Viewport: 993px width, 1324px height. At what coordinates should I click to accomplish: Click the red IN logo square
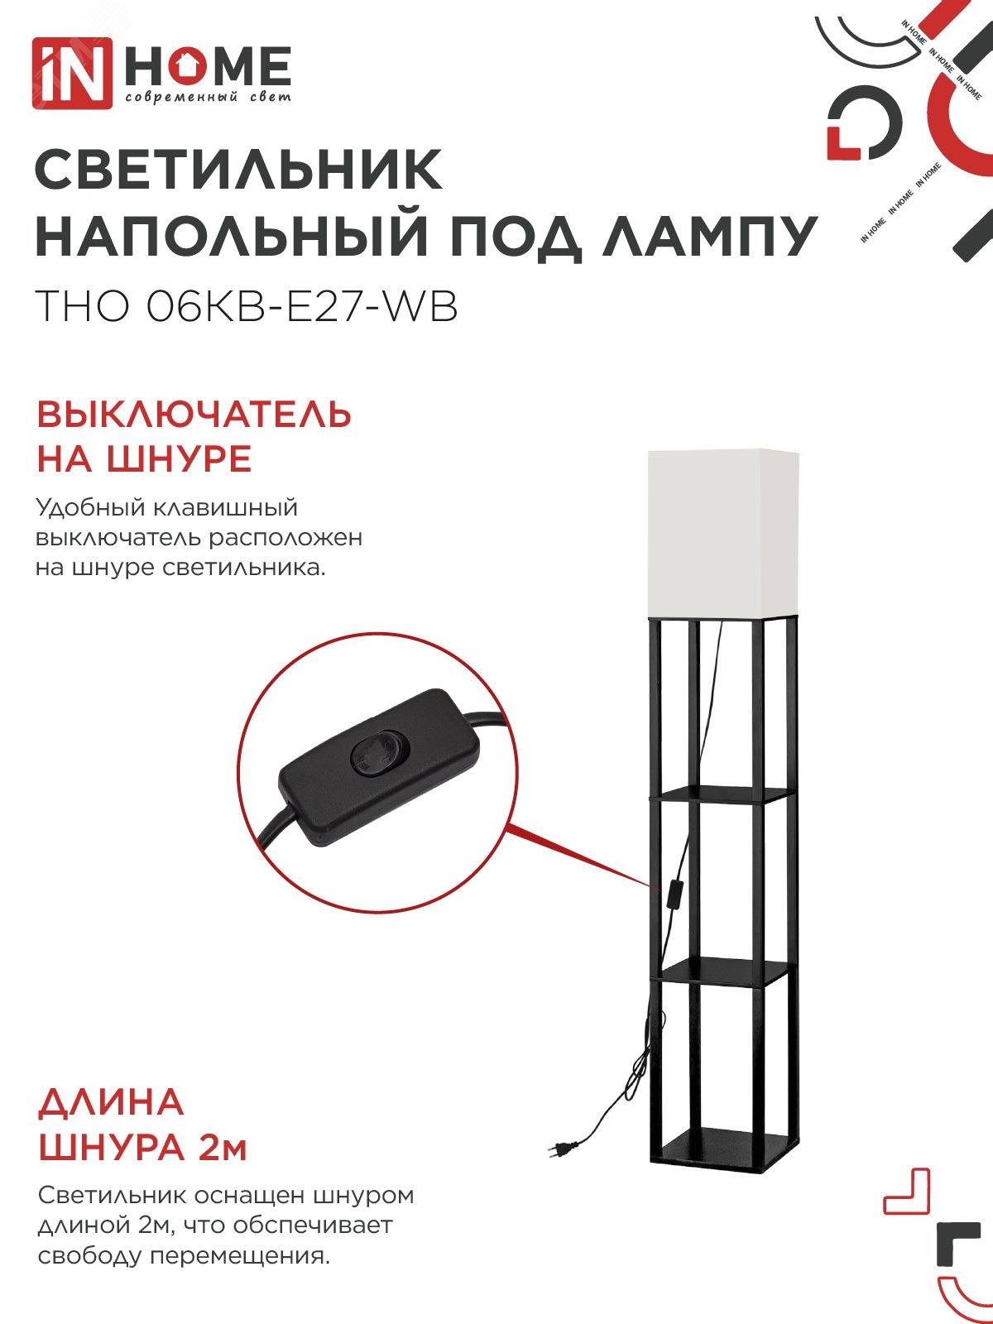72,73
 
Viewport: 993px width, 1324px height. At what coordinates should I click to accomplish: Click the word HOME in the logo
208,67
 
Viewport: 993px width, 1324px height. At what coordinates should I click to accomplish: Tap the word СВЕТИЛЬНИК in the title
238,170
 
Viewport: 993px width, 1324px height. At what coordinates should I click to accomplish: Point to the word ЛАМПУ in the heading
709,237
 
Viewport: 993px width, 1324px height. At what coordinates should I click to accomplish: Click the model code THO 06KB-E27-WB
246,306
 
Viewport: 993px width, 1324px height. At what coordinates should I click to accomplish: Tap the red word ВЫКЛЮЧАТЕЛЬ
194,415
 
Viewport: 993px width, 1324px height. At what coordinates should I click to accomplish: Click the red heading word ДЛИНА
111,1103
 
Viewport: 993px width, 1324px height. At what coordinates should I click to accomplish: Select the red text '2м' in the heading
223,1149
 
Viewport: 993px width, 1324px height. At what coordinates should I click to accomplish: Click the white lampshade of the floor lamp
722,532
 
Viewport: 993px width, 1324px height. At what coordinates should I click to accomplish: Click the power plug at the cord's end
556,1148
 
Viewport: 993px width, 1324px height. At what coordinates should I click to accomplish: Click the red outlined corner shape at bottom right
908,1192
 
